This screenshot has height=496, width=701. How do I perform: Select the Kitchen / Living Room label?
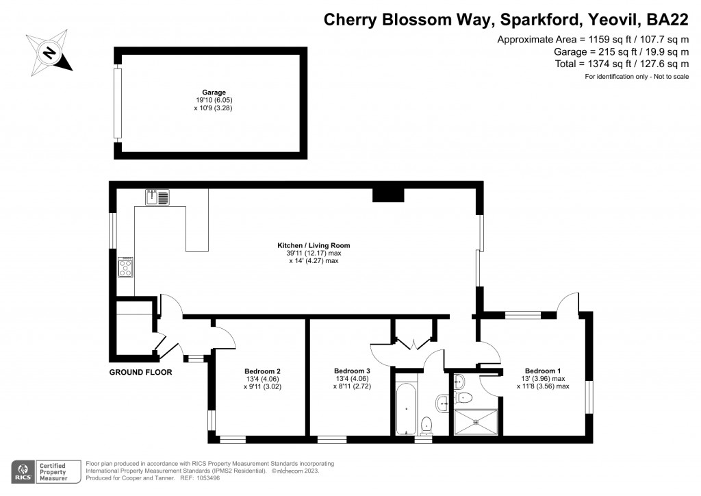pyautogui.click(x=314, y=245)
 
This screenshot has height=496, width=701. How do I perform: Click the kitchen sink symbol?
pyautogui.click(x=157, y=198)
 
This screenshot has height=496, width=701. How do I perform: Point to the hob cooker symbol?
pyautogui.click(x=126, y=267)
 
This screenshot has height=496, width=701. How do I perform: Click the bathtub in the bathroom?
pyautogui.click(x=407, y=408)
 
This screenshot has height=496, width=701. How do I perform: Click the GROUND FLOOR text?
pyautogui.click(x=140, y=373)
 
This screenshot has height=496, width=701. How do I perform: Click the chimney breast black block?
pyautogui.click(x=388, y=195)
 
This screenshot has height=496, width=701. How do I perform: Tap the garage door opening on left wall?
pyautogui.click(x=118, y=103)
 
